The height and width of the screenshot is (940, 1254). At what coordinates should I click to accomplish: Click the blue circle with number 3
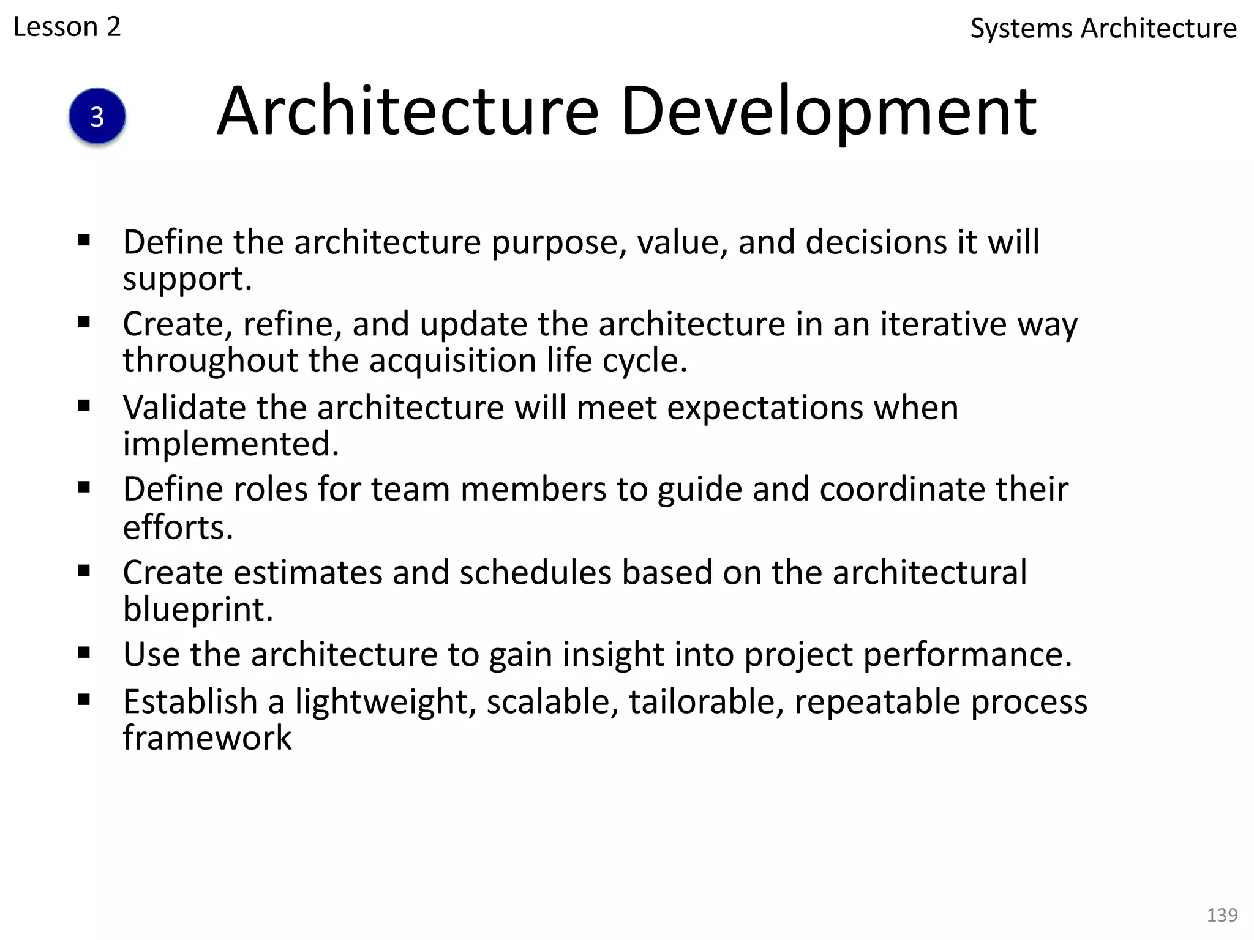click(x=97, y=116)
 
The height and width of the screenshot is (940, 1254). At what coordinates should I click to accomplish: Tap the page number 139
click(x=1222, y=915)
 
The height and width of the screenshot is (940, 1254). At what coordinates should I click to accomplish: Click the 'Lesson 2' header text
click(x=67, y=27)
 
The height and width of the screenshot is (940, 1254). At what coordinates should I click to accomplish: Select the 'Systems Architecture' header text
click(x=1103, y=29)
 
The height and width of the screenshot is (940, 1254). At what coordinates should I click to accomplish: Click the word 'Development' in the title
click(x=828, y=111)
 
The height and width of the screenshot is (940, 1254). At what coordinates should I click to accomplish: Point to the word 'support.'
click(x=187, y=279)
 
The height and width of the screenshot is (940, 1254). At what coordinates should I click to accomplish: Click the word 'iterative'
click(x=944, y=324)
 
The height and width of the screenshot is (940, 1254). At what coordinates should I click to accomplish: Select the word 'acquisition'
click(x=452, y=360)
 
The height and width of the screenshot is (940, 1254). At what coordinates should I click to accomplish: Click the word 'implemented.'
click(x=231, y=444)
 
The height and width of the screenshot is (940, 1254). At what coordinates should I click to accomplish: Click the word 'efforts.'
click(x=178, y=527)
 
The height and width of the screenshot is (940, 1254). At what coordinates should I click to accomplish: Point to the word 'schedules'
click(x=535, y=573)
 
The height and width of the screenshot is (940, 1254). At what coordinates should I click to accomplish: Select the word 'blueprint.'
click(x=198, y=609)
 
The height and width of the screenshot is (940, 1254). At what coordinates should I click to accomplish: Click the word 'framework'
click(x=207, y=737)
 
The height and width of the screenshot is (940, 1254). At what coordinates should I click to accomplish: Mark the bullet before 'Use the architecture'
click(x=84, y=653)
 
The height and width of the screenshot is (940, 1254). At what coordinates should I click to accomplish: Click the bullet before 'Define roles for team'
click(x=84, y=488)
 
